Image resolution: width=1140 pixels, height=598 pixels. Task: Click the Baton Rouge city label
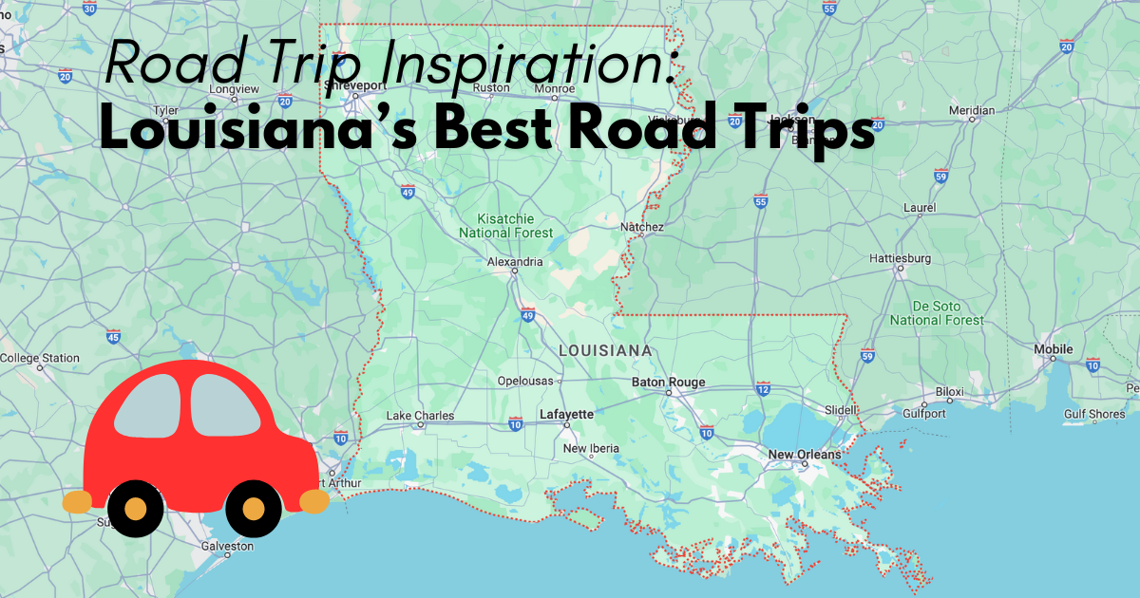[x=668, y=383]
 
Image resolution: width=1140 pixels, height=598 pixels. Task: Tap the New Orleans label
[x=804, y=455]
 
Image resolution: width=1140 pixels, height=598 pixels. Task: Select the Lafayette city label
[x=566, y=414]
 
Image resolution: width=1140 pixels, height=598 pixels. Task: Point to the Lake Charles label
[x=420, y=416]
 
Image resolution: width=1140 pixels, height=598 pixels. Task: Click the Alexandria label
[x=515, y=262]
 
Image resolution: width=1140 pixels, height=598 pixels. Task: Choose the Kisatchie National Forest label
[x=505, y=225]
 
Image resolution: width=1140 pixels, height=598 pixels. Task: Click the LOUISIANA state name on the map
[x=605, y=350]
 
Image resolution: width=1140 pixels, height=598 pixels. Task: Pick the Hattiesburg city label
[x=901, y=258]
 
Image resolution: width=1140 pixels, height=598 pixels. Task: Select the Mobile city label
[x=1053, y=349]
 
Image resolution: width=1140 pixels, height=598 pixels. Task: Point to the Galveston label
[x=228, y=547]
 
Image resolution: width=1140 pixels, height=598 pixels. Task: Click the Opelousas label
[x=524, y=382]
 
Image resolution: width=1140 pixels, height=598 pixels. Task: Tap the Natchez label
[x=641, y=227]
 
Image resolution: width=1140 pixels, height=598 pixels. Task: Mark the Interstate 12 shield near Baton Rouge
[x=763, y=388]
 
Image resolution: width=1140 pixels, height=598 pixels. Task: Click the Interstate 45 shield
[x=113, y=336]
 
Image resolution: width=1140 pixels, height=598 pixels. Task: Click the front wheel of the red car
[x=253, y=509]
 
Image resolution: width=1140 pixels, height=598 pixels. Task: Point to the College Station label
[x=40, y=358]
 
